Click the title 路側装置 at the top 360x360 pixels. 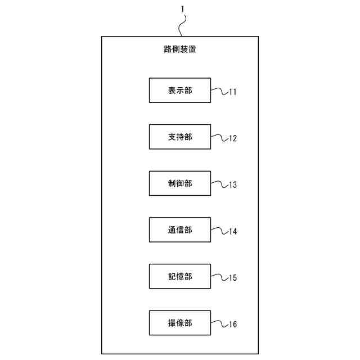coord(180,49)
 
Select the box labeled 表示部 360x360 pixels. coord(180,90)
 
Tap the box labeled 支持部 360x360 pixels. coord(180,137)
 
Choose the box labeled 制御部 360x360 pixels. coord(180,183)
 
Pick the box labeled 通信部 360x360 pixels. coord(180,230)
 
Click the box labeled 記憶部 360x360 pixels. coord(180,276)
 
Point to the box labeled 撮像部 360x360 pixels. coord(180,323)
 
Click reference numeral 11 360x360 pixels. coord(232,91)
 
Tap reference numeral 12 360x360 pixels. coord(232,138)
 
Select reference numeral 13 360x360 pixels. coord(232,184)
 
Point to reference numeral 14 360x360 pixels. coord(232,231)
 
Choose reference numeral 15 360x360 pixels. coord(232,277)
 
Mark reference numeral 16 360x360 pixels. coord(232,324)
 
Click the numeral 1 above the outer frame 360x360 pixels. coord(182,9)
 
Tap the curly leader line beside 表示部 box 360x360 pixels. coord(219,90)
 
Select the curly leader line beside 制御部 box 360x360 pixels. coord(219,183)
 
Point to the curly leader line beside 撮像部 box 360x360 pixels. coord(219,323)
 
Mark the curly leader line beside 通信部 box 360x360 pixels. coord(219,230)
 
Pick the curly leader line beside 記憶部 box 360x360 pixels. coord(219,276)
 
